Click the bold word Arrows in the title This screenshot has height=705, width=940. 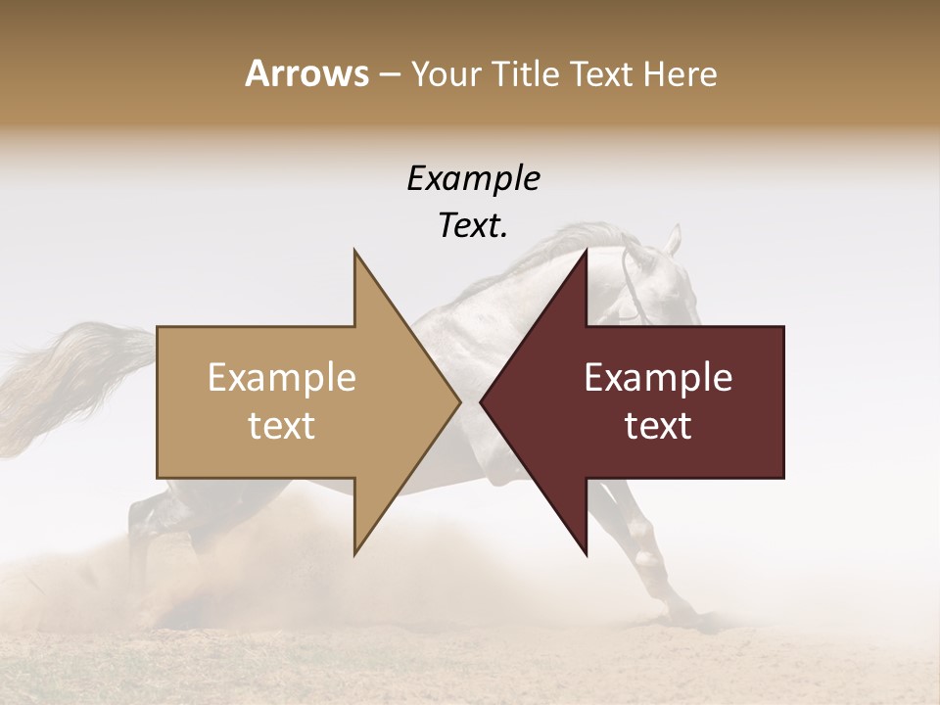pyautogui.click(x=305, y=74)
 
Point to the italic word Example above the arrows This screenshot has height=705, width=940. pyautogui.click(x=474, y=179)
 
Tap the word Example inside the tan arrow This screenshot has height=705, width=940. pyautogui.click(x=282, y=378)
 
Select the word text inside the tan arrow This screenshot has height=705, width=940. pyautogui.click(x=282, y=426)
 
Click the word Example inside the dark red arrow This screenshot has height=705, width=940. pyautogui.click(x=658, y=378)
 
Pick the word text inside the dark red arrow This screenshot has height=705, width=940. pyautogui.click(x=658, y=426)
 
